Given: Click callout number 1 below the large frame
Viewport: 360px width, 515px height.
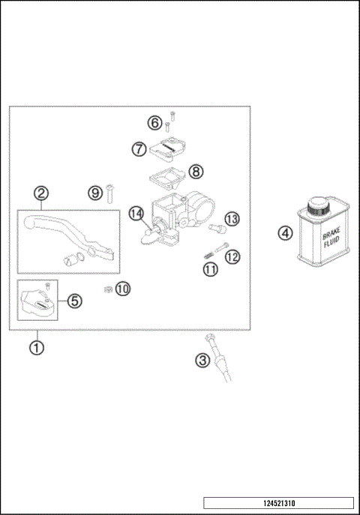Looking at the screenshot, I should pyautogui.click(x=34, y=347).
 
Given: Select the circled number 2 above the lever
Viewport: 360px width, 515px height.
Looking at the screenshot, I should pyautogui.click(x=41, y=193).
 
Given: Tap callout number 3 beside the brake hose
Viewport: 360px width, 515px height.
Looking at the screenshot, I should pyautogui.click(x=202, y=361).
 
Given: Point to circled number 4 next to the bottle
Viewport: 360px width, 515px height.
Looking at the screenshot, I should pyautogui.click(x=285, y=233).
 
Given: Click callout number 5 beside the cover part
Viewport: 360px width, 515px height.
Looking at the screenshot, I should pyautogui.click(x=74, y=301).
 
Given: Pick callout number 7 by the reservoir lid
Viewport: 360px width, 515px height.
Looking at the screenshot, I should pyautogui.click(x=139, y=149).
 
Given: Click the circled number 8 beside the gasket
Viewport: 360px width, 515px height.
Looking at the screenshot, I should pyautogui.click(x=195, y=172).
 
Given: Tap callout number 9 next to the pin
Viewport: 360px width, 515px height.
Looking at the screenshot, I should pyautogui.click(x=94, y=193).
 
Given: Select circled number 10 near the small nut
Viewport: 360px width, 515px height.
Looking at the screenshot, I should pyautogui.click(x=122, y=288).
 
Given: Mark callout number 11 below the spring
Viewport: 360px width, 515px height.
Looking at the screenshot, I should pyautogui.click(x=211, y=268).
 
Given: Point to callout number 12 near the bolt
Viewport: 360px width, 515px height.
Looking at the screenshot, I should pyautogui.click(x=232, y=257).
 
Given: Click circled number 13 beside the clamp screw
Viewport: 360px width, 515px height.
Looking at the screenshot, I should pyautogui.click(x=232, y=218).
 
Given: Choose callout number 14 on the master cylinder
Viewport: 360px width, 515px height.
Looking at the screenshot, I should pyautogui.click(x=136, y=214).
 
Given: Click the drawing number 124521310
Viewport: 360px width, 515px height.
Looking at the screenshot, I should pyautogui.click(x=278, y=503).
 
